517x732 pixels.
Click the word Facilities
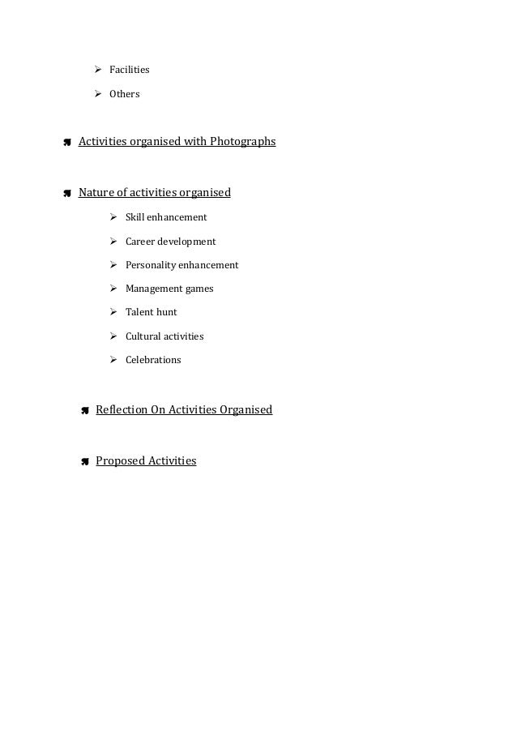click(129, 70)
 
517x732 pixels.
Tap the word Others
click(124, 94)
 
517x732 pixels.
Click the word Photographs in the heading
click(242, 142)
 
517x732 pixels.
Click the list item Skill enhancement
click(165, 217)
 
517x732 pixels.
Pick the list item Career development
click(170, 242)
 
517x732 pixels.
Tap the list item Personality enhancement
click(182, 265)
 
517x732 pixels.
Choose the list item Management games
click(169, 289)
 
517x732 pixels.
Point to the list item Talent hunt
click(151, 312)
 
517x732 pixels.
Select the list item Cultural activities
click(164, 336)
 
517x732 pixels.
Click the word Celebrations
click(153, 360)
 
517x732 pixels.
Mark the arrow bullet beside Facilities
click(98, 70)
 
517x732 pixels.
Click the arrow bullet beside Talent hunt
click(114, 312)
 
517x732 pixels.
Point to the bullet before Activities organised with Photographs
click(67, 143)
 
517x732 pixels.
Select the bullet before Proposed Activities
click(84, 462)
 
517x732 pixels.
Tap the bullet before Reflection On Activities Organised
click(84, 411)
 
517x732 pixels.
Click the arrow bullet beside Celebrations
click(114, 360)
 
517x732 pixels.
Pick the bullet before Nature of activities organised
click(67, 194)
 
